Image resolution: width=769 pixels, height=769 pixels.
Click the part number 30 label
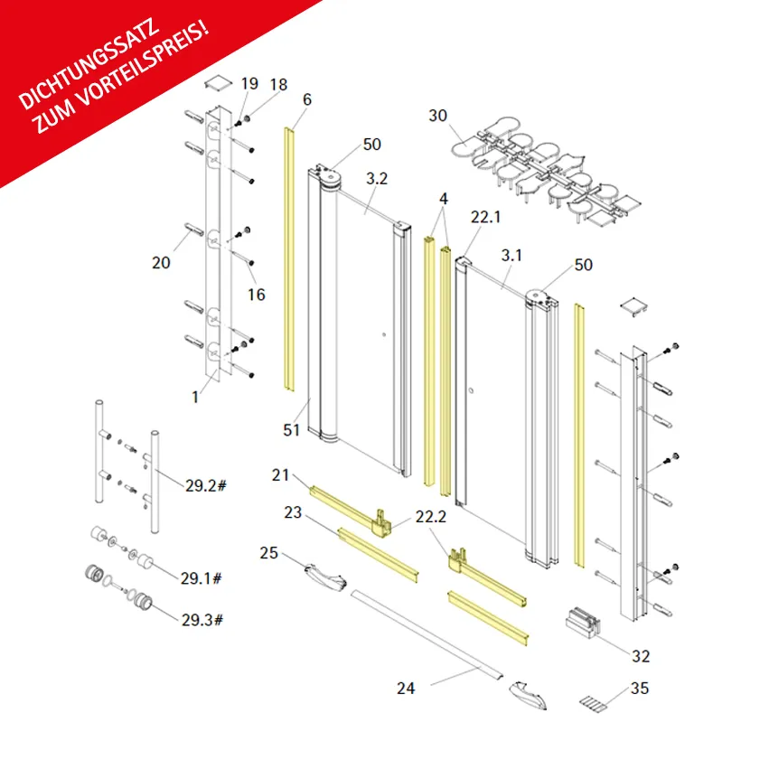coord(438,116)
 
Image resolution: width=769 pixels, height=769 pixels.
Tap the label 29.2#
coord(206,485)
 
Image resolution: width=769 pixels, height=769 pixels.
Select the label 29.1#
coord(202,578)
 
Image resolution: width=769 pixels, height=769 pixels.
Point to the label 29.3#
coord(202,620)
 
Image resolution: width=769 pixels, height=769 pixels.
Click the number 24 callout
coord(406,688)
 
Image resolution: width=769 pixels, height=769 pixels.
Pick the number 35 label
coord(640,688)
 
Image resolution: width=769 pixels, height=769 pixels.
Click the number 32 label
coord(641,656)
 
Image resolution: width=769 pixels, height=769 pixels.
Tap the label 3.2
coord(377,179)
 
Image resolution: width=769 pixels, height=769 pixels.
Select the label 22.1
coord(485,217)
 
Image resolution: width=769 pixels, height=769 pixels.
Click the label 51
coord(291,430)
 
